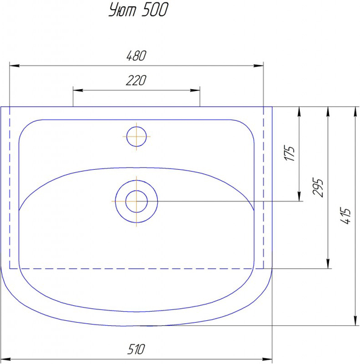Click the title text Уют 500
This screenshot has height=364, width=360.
click(138, 10)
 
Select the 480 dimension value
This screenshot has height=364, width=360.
click(137, 56)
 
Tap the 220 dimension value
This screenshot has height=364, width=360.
click(136, 80)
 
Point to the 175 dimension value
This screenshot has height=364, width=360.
click(290, 153)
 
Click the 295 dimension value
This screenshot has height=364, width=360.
click(318, 187)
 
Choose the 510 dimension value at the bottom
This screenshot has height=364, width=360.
click(136, 349)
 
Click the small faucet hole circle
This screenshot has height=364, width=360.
click(137, 136)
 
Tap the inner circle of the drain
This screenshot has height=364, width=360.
click(137, 201)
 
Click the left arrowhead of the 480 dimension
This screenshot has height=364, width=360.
click(15, 66)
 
